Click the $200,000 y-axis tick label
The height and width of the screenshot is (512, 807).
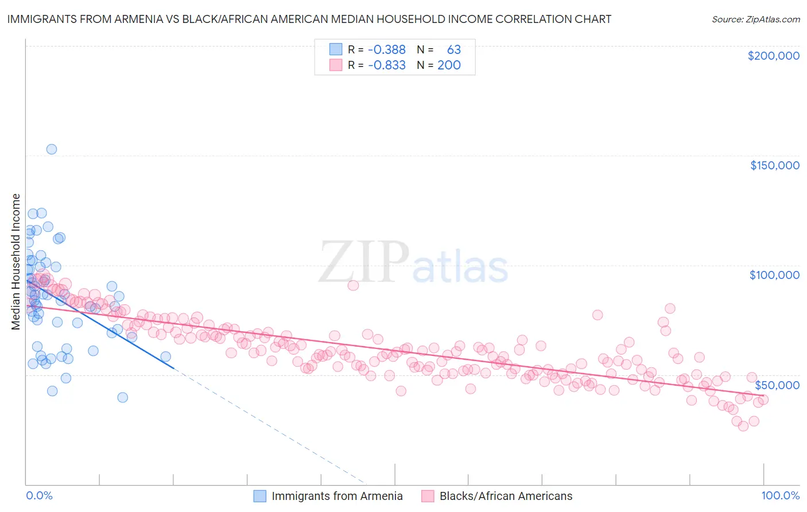[773, 56]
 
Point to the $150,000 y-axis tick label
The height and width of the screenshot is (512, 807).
[774, 165]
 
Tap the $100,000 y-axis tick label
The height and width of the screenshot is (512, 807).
[774, 275]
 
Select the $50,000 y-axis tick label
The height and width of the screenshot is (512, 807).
[777, 385]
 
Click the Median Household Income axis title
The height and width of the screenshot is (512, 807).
[15, 262]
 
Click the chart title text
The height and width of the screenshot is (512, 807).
[309, 19]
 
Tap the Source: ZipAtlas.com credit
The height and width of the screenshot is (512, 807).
[755, 20]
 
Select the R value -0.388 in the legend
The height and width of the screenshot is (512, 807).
[386, 50]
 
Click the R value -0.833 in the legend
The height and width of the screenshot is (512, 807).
[386, 65]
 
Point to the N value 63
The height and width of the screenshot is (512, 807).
[453, 50]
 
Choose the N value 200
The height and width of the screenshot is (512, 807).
[449, 65]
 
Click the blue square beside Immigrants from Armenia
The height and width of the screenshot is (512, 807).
[260, 496]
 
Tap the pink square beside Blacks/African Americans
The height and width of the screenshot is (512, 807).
[428, 496]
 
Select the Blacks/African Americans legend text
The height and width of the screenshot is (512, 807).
[506, 496]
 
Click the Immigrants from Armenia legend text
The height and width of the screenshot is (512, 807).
[337, 496]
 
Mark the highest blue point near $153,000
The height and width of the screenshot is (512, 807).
[51, 149]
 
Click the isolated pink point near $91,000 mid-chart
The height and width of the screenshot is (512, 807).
[353, 285]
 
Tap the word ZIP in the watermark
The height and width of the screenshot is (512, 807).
[363, 262]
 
